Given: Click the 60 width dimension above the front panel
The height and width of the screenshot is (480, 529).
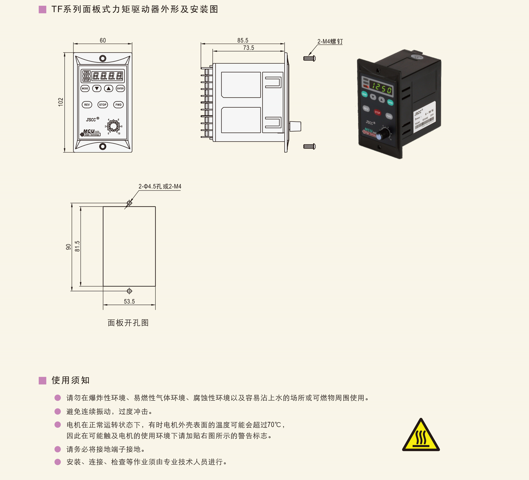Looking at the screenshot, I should (103, 40).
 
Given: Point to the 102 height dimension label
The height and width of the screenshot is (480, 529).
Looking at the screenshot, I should (61, 102).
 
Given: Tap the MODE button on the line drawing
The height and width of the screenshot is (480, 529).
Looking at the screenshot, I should (85, 88).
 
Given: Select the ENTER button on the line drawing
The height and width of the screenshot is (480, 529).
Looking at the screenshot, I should (120, 88).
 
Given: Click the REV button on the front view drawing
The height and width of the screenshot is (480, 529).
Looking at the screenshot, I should (87, 105).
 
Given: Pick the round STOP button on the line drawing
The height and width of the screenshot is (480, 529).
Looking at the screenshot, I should (103, 105).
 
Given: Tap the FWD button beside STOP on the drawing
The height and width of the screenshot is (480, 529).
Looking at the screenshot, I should (118, 105).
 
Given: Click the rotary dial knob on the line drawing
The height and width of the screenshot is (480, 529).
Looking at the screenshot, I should (113, 126).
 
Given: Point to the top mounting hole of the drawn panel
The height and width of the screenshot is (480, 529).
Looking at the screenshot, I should (103, 58).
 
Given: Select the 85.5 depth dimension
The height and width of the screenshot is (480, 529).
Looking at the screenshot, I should (243, 40).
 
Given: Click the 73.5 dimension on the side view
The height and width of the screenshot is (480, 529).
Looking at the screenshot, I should (249, 48).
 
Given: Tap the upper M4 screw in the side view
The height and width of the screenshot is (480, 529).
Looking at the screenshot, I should (309, 58).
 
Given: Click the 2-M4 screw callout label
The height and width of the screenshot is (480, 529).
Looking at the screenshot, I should (330, 42).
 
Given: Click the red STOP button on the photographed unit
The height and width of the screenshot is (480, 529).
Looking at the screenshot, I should (377, 112).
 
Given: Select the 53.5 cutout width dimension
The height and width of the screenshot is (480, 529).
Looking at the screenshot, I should (129, 302).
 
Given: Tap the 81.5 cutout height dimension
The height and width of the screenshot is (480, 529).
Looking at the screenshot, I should (77, 246).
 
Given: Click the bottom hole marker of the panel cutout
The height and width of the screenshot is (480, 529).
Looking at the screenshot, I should (129, 291).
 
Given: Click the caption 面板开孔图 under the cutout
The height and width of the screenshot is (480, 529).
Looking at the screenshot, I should (128, 323).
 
